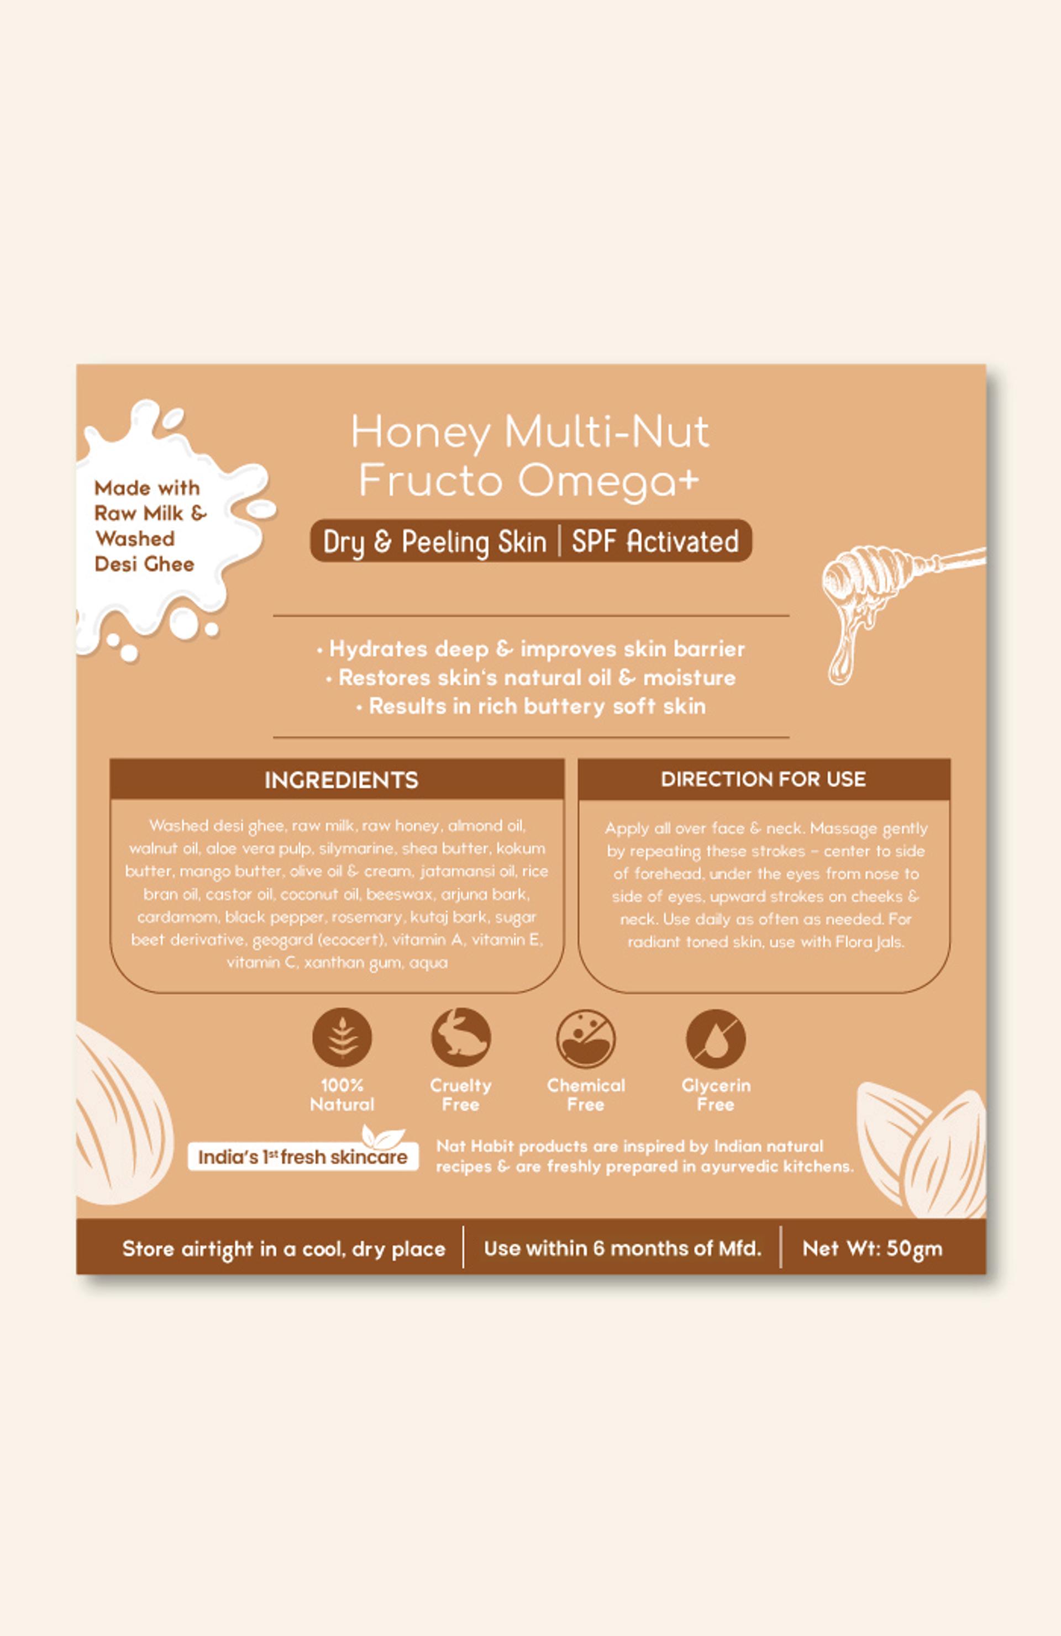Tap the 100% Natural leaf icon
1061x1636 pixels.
[x=342, y=1037]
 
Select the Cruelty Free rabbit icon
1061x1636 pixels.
[x=461, y=1037]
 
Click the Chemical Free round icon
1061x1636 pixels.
[x=586, y=1038]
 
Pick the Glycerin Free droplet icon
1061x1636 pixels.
[x=716, y=1038]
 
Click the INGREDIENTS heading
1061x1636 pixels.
[x=341, y=780]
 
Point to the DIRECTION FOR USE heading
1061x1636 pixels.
[x=763, y=779]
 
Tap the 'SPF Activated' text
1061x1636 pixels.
[x=655, y=541]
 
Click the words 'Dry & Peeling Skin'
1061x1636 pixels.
[x=434, y=542]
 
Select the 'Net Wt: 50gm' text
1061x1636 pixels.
[x=872, y=1248]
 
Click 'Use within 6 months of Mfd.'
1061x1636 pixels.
[x=622, y=1248]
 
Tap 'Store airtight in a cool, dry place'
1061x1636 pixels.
[x=283, y=1249]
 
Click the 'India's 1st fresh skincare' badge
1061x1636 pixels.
[x=303, y=1157]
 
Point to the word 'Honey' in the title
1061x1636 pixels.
[x=421, y=434]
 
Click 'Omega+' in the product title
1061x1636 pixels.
[x=608, y=481]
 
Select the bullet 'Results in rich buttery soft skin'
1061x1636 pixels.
[x=531, y=706]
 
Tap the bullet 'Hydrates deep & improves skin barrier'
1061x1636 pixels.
[x=531, y=649]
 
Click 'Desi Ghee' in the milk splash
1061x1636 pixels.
[x=144, y=564]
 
